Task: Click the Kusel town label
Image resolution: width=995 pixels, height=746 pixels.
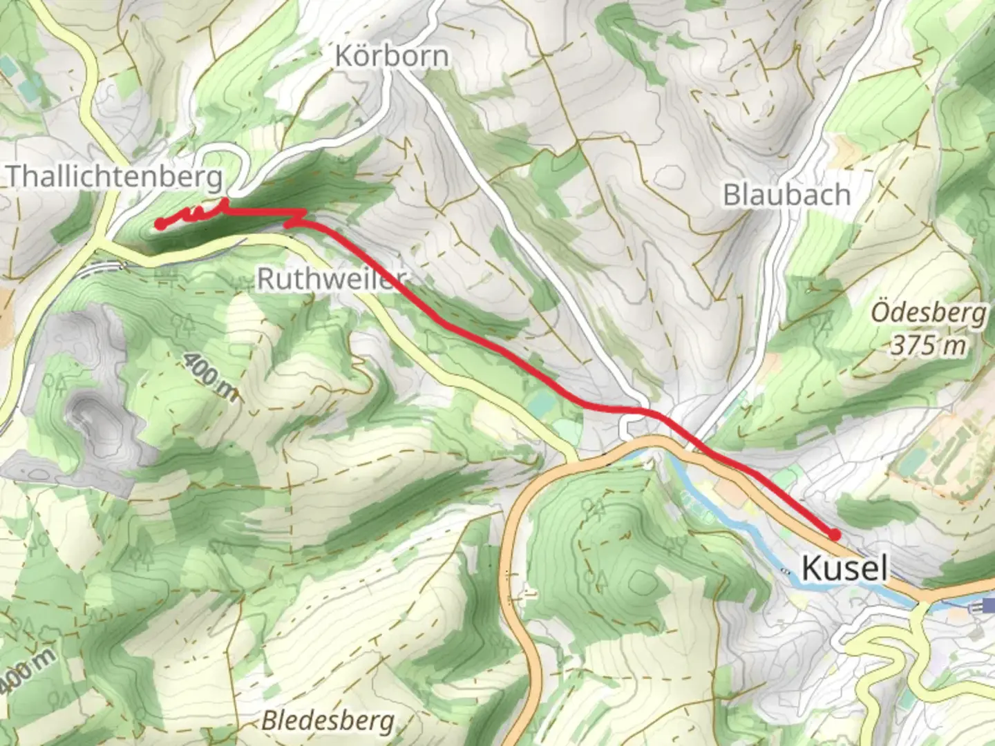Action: [x=844, y=568]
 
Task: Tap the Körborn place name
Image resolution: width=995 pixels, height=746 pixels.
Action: [x=391, y=56]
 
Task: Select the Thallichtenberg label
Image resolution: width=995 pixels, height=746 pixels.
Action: [x=114, y=177]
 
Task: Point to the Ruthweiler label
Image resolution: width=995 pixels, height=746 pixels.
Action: [x=330, y=279]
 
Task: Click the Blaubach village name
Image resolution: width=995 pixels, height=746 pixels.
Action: [x=786, y=195]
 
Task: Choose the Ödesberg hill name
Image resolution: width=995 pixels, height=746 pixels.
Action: [x=927, y=313]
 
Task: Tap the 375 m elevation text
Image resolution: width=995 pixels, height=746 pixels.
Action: [x=927, y=344]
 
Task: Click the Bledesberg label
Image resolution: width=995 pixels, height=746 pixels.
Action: [x=328, y=721]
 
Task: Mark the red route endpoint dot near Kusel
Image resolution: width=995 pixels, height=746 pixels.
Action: [x=834, y=534]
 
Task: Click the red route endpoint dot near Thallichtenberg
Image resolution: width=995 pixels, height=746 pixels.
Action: [x=160, y=224]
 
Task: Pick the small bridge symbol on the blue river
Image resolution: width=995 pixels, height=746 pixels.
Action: [x=785, y=571]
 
